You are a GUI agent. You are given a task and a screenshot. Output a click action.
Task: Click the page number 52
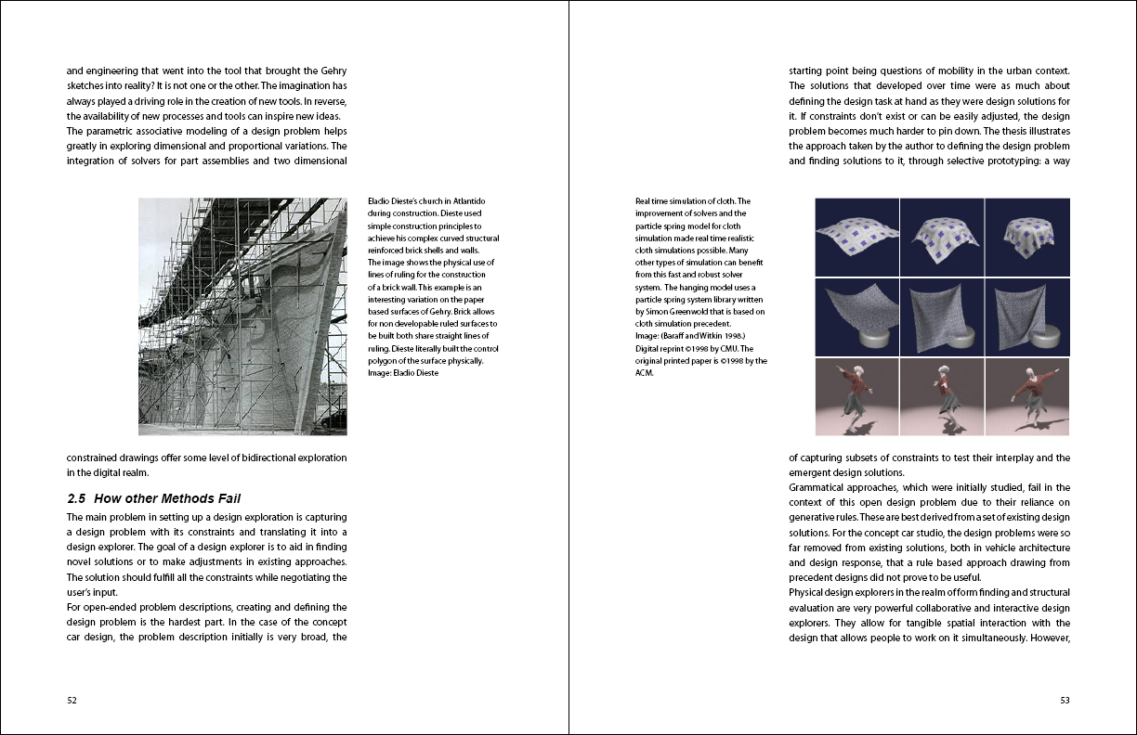[72, 701]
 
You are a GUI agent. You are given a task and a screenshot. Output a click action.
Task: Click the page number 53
[1065, 701]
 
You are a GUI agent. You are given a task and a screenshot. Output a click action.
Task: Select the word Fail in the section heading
[227, 498]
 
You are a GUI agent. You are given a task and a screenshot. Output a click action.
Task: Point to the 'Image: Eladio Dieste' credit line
[402, 373]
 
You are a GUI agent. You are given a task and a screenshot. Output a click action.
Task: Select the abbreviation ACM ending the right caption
[645, 373]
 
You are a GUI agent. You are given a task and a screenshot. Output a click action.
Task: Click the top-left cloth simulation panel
[856, 237]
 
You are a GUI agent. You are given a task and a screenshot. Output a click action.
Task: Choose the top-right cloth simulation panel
[1027, 237]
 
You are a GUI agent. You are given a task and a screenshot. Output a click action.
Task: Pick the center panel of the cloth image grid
[942, 316]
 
